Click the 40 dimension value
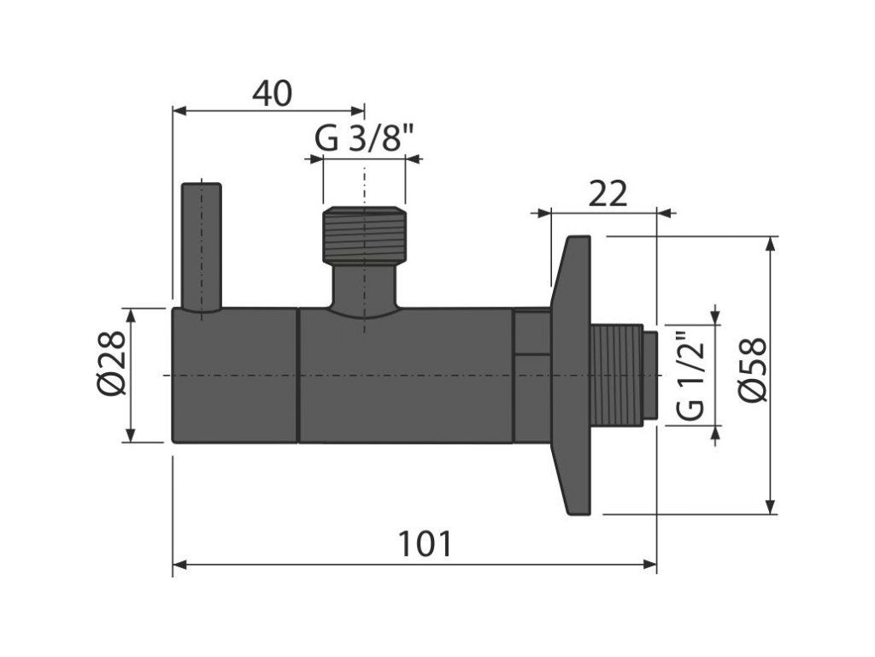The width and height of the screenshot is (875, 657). tap(272, 93)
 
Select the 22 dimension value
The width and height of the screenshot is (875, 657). tap(608, 194)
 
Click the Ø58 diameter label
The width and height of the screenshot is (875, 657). tap(753, 369)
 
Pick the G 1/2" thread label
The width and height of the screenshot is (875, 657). tap(690, 376)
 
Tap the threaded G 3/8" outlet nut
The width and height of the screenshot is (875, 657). tap(364, 235)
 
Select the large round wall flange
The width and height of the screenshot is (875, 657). tap(571, 375)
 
